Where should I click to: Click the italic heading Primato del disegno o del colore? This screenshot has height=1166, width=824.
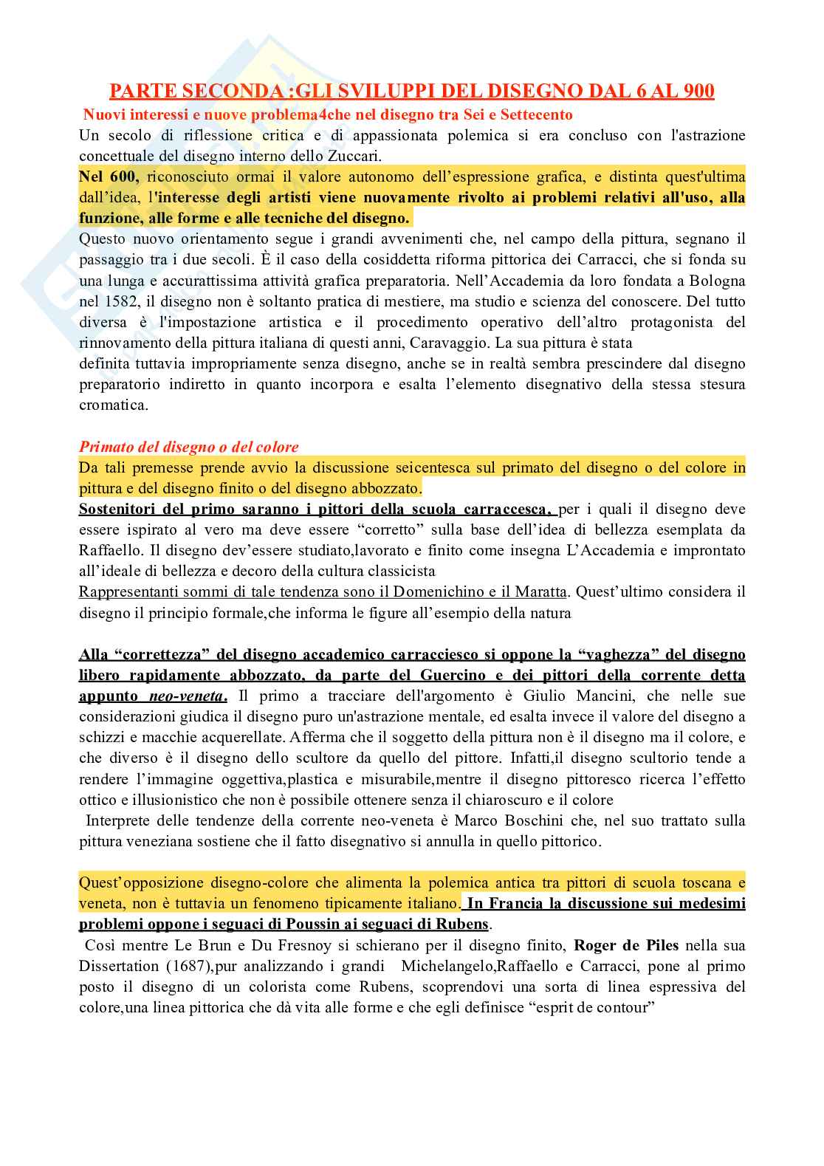(189, 447)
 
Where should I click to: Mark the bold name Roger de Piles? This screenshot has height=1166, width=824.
(626, 945)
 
